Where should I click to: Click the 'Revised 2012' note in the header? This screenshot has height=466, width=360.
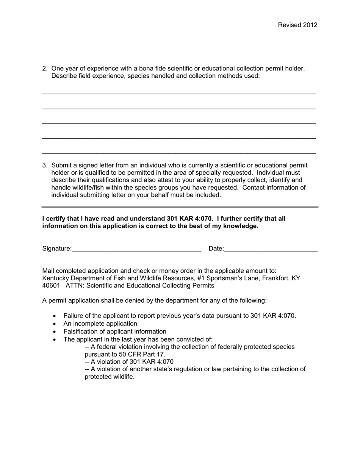pos(297,25)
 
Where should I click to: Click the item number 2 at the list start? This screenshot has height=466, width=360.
pos(45,69)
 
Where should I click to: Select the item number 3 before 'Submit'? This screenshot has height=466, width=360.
pos(45,165)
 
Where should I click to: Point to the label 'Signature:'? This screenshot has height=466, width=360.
pos(57,249)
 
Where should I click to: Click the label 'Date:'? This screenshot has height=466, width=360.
pos(216,249)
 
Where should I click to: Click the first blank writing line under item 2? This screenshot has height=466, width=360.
pos(178,93)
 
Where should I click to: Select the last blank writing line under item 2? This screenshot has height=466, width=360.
pos(178,153)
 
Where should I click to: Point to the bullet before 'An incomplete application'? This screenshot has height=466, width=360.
pos(55,324)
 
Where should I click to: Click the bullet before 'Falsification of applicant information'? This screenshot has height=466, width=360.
pos(55,332)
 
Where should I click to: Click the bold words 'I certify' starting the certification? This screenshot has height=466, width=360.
pos(54,219)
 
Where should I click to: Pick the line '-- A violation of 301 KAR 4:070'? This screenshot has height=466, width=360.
pos(129,361)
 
